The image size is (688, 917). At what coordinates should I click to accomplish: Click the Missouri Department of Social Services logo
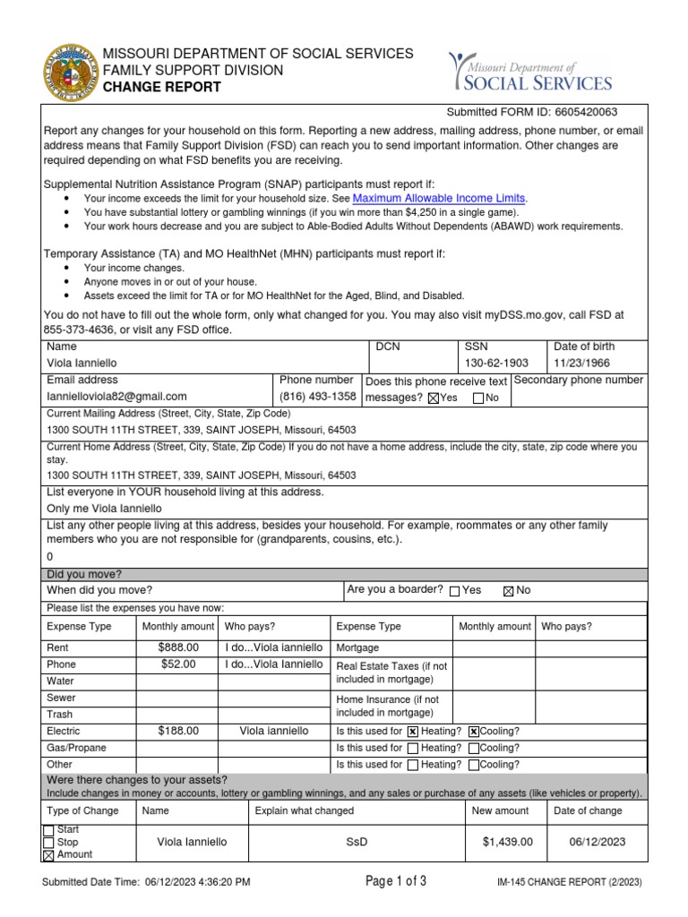pos(530,73)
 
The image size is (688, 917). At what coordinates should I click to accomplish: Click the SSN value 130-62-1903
pos(497,364)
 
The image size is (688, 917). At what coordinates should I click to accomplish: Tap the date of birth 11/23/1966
pos(582,364)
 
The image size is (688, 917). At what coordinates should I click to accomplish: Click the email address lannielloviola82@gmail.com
pos(117,397)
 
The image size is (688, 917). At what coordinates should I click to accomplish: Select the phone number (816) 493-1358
pos(318,397)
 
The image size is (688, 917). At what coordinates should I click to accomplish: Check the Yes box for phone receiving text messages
pos(434,399)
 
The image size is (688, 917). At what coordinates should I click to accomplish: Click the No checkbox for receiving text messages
pos(478,399)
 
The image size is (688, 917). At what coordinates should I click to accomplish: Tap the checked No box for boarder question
pos(509,591)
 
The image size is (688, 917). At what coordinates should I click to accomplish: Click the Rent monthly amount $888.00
pos(178,647)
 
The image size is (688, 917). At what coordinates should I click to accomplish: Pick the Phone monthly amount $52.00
pos(178,664)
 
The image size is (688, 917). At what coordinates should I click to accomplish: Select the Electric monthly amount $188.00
pos(178,731)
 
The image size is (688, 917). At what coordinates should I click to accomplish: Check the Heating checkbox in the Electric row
pos(413,732)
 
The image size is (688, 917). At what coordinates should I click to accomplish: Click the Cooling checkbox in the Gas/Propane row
pos(474,749)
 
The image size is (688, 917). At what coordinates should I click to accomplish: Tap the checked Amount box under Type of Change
pos(48,855)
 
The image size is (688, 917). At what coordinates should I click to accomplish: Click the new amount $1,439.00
pos(507,842)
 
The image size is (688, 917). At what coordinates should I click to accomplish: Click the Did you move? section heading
pos(84,574)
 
